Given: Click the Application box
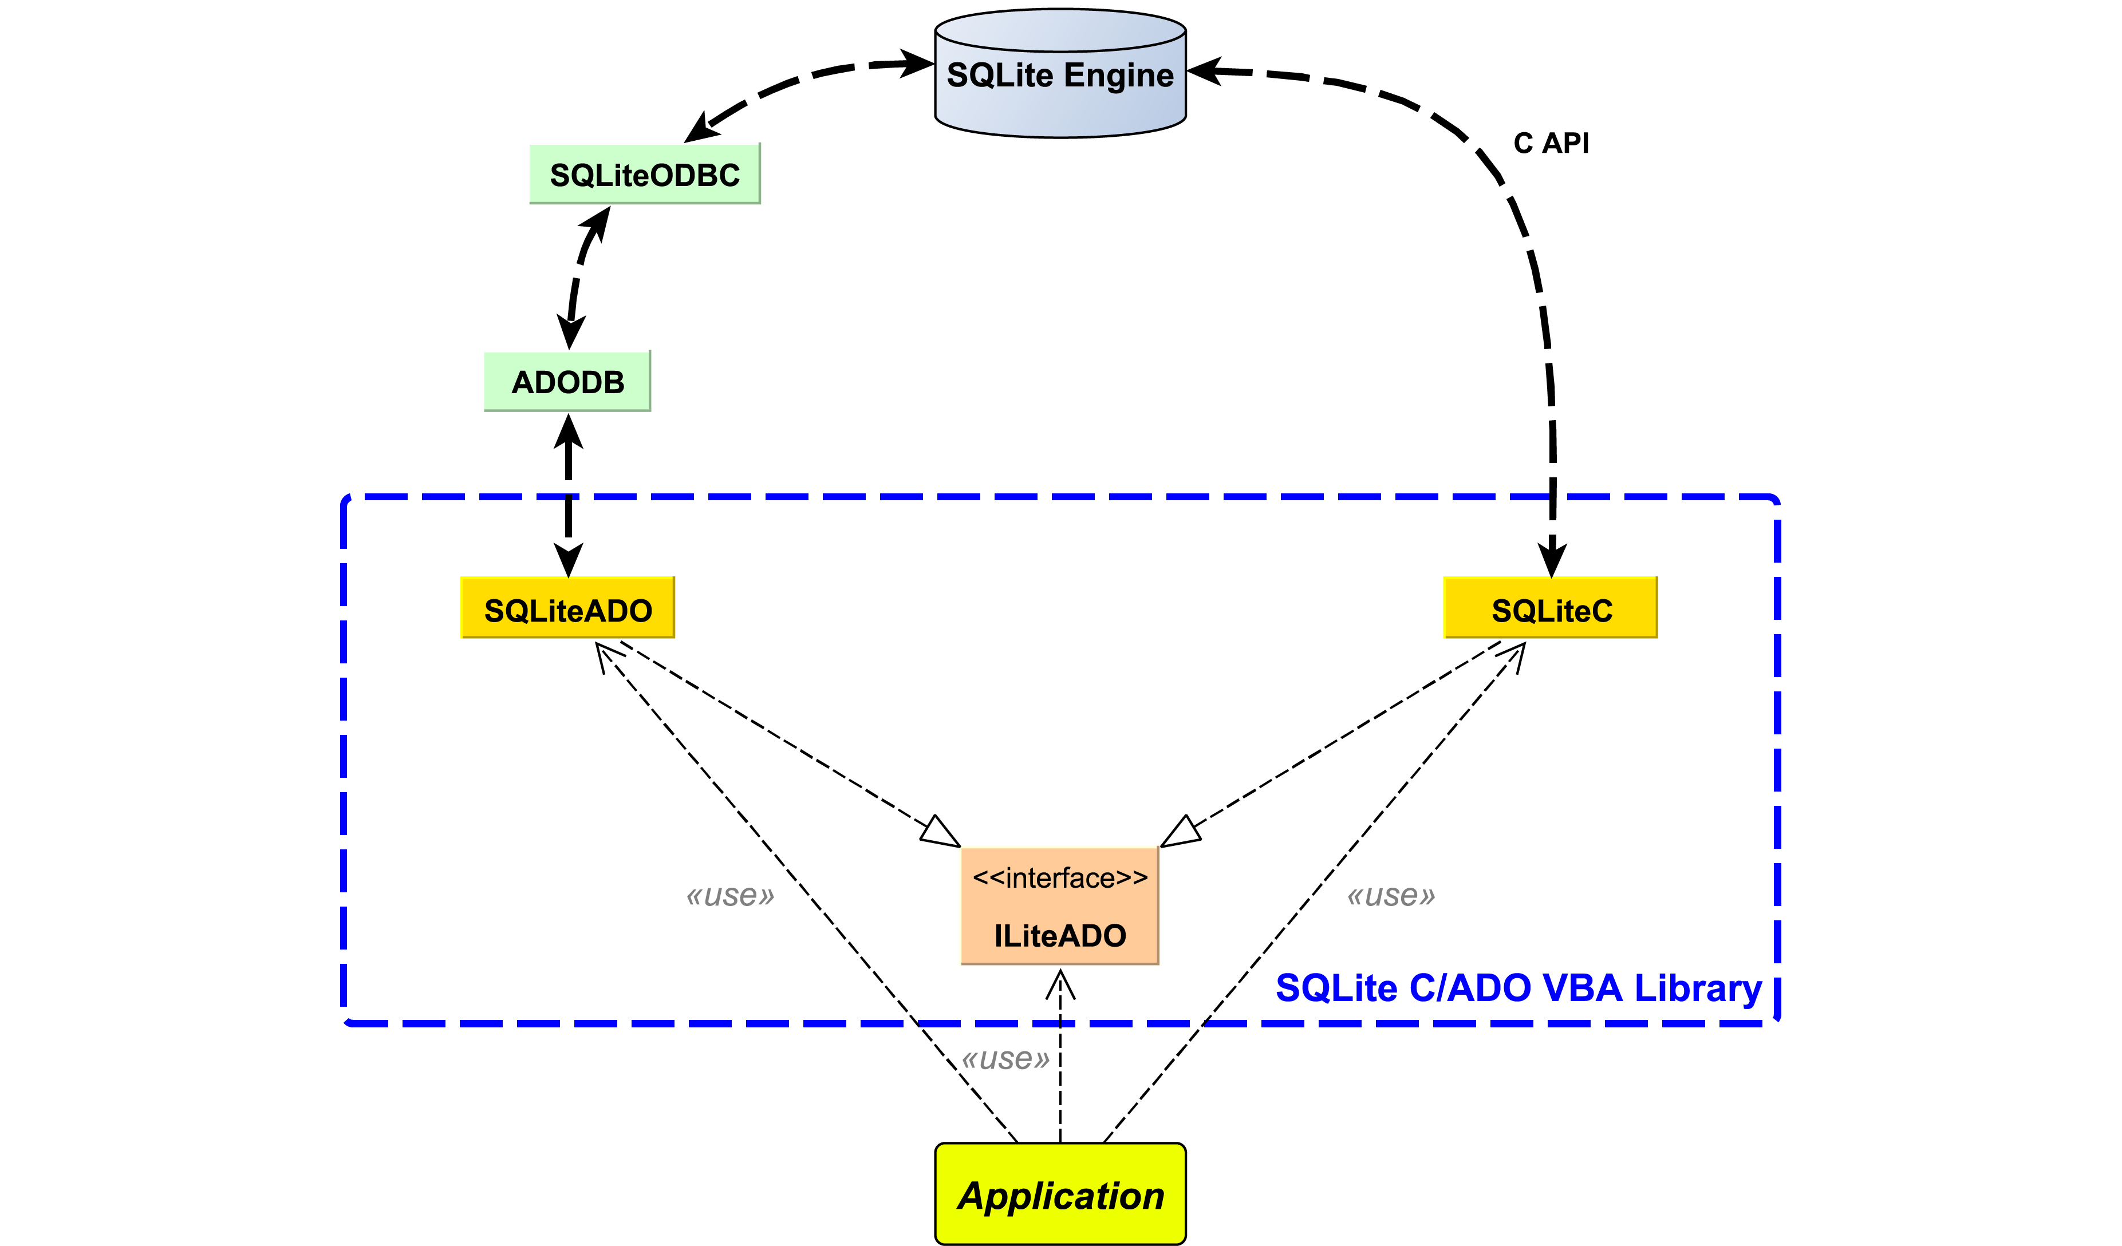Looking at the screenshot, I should tap(1060, 1194).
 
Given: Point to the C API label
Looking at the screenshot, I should tap(1551, 143).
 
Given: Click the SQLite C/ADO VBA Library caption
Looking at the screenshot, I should tap(1518, 987).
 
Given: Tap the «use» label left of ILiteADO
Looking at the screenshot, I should tap(729, 896).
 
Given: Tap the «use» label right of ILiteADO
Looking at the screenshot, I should tap(1390, 896).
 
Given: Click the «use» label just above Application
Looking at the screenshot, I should tap(1005, 1058).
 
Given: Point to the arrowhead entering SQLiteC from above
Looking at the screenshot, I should tap(1552, 560).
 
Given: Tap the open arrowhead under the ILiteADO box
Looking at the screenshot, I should tap(1060, 984).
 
